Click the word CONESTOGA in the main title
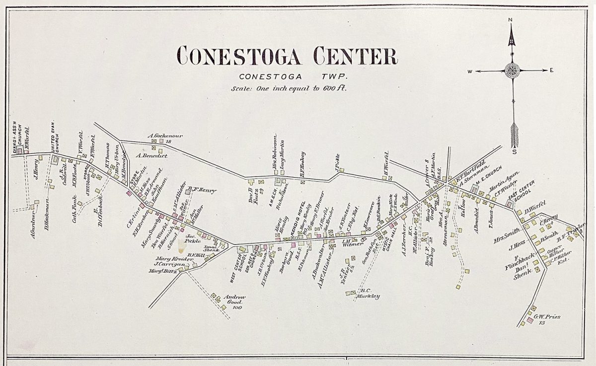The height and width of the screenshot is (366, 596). tap(239, 56)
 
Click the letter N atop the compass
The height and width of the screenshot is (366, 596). tap(511, 20)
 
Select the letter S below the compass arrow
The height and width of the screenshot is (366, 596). tap(515, 152)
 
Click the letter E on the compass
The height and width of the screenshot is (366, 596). tap(551, 70)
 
